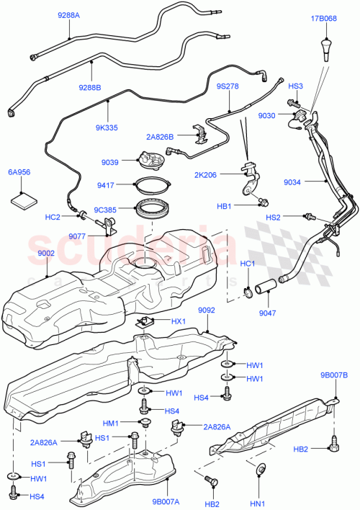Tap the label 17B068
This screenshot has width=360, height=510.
(x=323, y=17)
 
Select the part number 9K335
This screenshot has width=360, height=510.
(x=107, y=127)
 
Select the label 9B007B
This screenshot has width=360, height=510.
(x=334, y=375)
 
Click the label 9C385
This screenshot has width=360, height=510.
(x=105, y=210)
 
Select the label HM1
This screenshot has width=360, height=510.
(x=110, y=423)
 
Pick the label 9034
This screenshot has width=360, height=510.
(x=292, y=183)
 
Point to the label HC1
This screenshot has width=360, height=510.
(x=248, y=263)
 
